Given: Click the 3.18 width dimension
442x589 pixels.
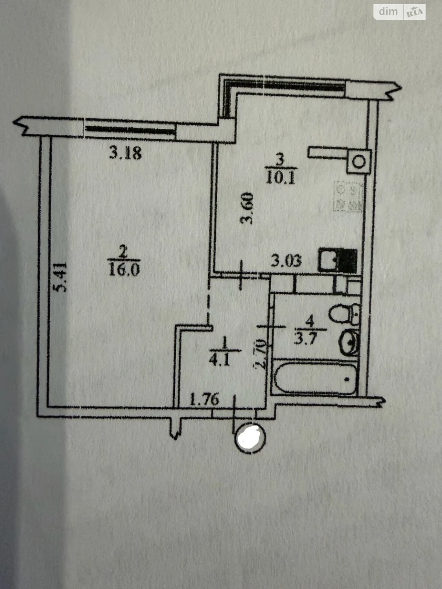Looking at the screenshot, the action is [x=125, y=154].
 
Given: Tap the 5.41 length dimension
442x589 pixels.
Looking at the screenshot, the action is [x=60, y=277].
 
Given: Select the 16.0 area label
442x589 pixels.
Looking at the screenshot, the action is [x=124, y=269].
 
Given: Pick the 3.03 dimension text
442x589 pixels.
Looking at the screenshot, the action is [x=286, y=260].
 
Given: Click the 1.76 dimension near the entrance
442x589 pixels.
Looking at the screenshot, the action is [x=204, y=400].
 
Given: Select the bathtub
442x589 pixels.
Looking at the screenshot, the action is [x=315, y=379].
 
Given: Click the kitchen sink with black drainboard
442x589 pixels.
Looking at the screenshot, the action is [x=337, y=260].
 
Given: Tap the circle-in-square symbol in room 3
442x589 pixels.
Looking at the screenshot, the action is [x=359, y=162].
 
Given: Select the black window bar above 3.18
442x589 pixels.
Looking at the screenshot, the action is [x=130, y=129].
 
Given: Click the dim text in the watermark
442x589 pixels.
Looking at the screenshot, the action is [x=388, y=12].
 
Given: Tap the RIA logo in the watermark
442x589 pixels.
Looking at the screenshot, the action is [x=415, y=12].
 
